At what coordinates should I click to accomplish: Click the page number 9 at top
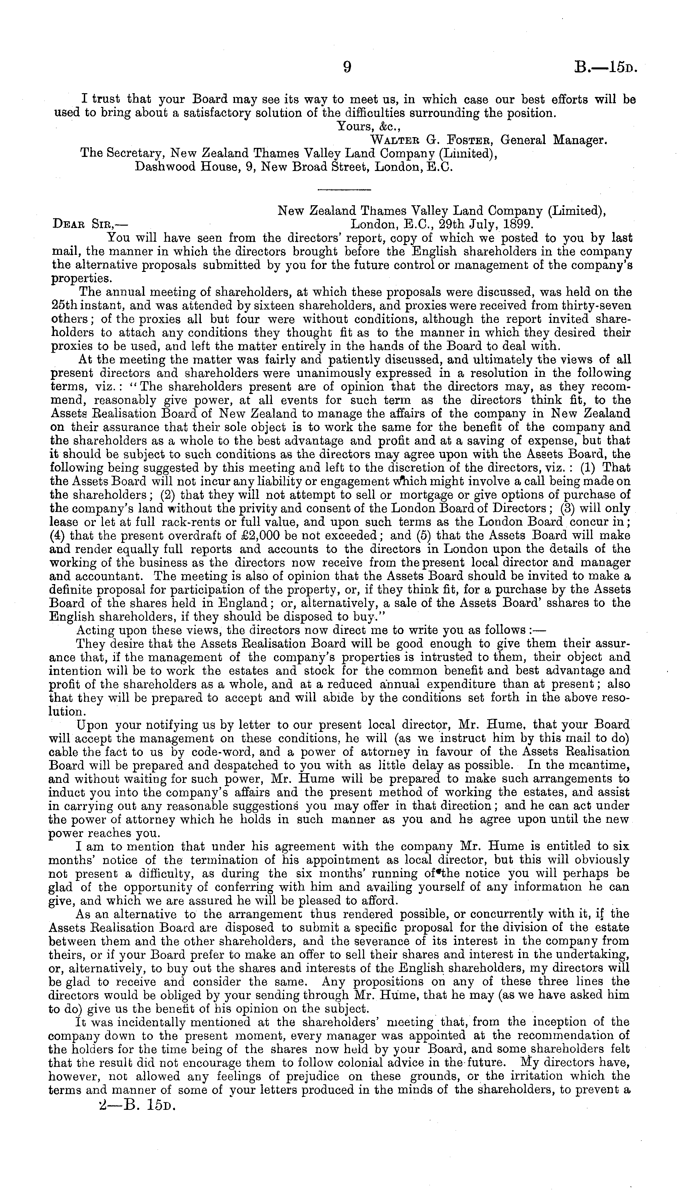coord(347,68)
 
